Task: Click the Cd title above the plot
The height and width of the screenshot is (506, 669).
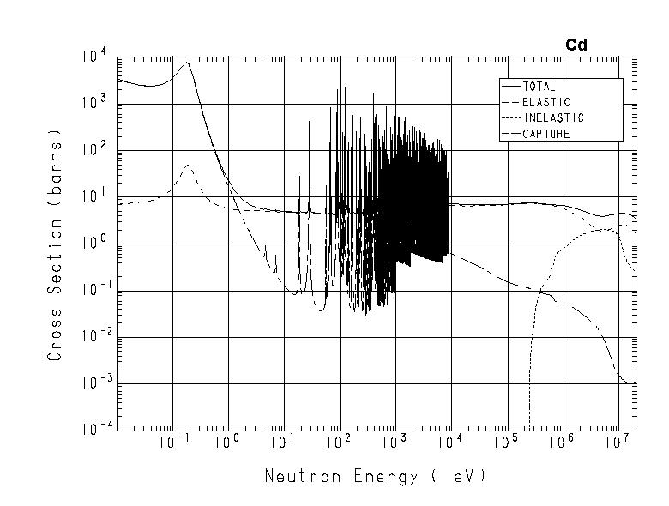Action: [x=576, y=45]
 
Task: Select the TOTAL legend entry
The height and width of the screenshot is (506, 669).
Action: [x=539, y=87]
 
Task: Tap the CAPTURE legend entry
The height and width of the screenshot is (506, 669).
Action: [x=545, y=134]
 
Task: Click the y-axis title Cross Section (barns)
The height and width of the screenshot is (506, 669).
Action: [x=55, y=244]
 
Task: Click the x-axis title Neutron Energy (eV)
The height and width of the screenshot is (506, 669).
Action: [x=375, y=476]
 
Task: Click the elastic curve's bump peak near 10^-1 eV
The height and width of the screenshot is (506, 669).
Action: [x=188, y=165]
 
